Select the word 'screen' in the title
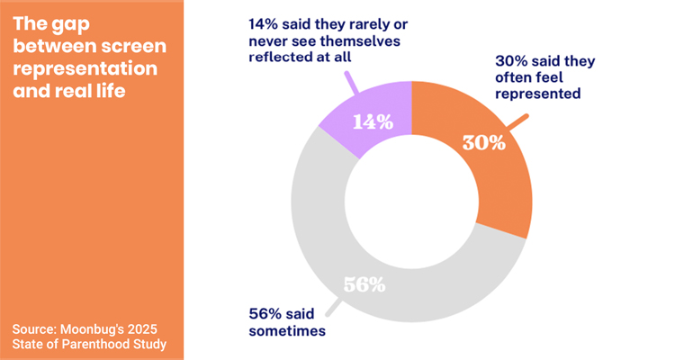[128, 47]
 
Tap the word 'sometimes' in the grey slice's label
[286, 330]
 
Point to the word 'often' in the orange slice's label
[516, 77]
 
